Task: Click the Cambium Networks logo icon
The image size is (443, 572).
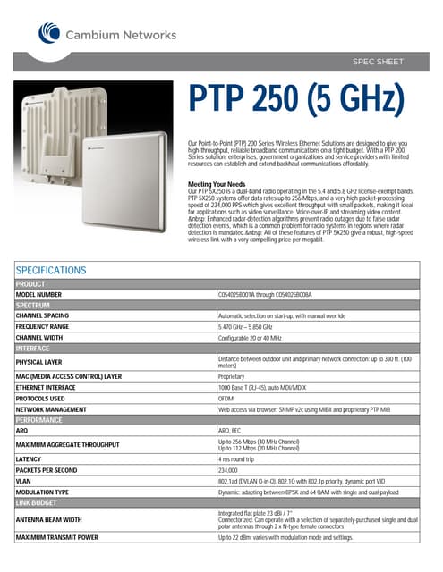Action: [47, 32]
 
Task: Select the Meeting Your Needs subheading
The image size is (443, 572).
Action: [217, 183]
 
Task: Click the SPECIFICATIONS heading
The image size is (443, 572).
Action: [51, 270]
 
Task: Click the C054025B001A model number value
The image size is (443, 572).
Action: [264, 293]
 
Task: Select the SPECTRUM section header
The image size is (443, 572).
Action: [34, 305]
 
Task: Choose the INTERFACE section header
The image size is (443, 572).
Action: [36, 349]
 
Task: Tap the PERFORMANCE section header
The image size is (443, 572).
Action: [39, 419]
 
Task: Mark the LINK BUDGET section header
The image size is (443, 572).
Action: [38, 503]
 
